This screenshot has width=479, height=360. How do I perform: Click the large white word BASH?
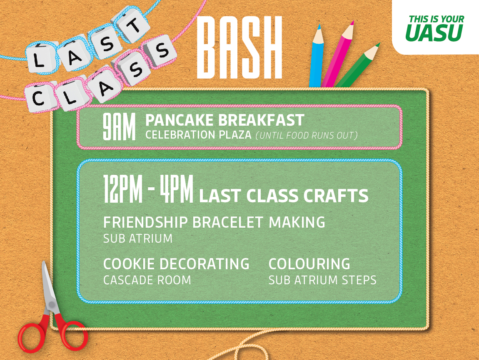coord(239,47)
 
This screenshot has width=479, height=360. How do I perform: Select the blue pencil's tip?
coord(319,26)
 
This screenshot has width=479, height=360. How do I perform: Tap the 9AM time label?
coord(119,127)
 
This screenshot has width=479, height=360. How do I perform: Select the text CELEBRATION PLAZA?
coord(198,135)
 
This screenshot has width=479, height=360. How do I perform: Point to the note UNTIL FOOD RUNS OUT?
coord(307,135)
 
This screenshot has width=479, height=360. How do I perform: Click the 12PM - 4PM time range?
coord(148,189)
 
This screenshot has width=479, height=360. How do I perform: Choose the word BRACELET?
coord(227,222)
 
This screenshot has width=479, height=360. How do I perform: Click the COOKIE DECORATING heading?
coord(176,264)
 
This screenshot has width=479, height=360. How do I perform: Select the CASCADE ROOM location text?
coord(147,280)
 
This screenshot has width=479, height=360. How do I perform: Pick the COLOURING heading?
coord(309,264)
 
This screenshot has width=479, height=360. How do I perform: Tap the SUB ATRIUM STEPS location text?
coord(322,280)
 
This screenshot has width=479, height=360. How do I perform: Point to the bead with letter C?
coord(40,97)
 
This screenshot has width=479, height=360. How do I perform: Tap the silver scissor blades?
coord(50,290)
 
